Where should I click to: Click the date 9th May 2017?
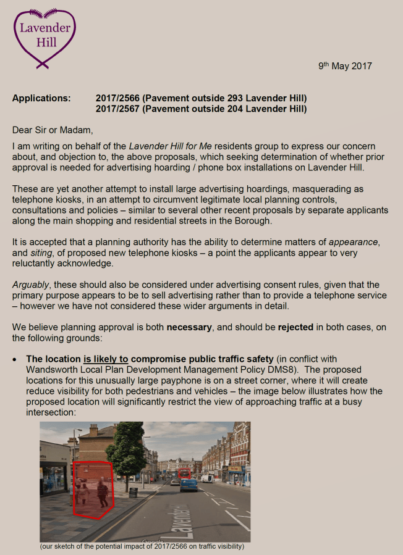pyautogui.click(x=345, y=66)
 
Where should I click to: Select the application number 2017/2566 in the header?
pyautogui.click(x=116, y=99)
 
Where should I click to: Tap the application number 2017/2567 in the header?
pyautogui.click(x=116, y=109)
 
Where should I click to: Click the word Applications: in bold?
pyautogui.click(x=41, y=99)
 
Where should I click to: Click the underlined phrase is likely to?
pyautogui.click(x=106, y=359)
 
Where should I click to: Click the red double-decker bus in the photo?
pyautogui.click(x=184, y=474)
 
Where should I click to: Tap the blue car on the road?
pyautogui.click(x=189, y=484)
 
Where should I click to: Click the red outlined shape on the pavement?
pyautogui.click(x=93, y=488)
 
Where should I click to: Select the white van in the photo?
pyautogui.click(x=208, y=478)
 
